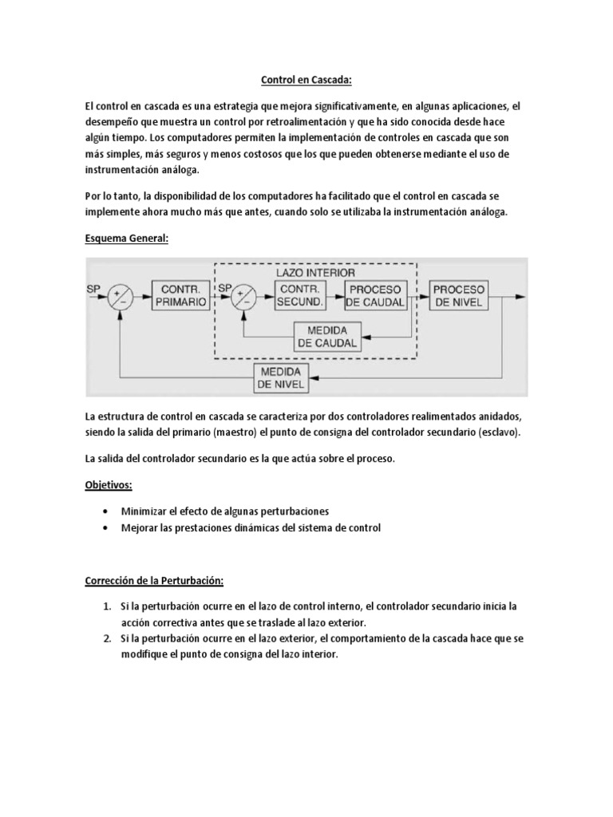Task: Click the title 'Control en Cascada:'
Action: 306,81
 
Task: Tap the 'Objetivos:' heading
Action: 109,486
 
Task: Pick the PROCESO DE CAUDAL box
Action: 375,295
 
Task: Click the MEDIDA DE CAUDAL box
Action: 327,337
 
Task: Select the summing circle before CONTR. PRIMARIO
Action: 121,298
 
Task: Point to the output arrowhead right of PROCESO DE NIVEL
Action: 520,297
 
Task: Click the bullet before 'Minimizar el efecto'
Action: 108,511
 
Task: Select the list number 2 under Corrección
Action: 108,639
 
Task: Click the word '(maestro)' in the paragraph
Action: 239,432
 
